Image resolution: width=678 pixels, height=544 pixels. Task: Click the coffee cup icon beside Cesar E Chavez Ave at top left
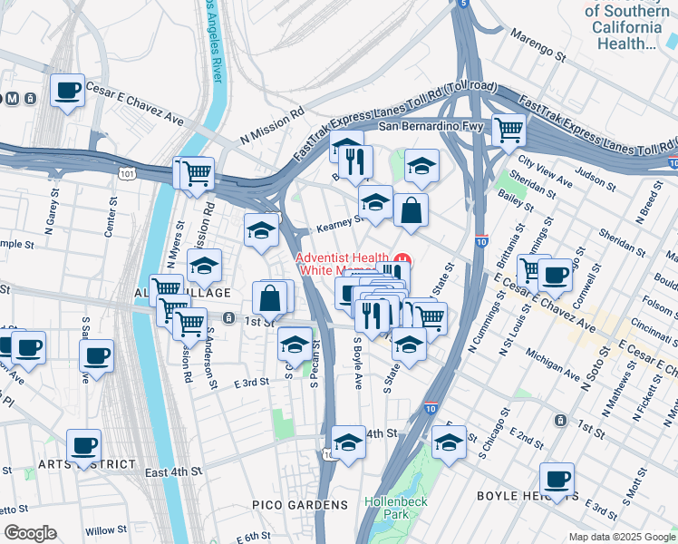[67, 91]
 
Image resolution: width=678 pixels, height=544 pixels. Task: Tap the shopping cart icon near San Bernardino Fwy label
[508, 130]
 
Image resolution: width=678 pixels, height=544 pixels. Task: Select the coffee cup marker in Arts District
[84, 444]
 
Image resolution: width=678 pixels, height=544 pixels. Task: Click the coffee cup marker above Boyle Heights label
[557, 478]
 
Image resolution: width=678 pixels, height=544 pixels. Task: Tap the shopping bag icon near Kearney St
[411, 210]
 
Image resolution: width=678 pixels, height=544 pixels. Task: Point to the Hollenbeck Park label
[388, 507]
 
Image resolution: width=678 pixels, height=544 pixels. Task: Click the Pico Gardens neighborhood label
[300, 504]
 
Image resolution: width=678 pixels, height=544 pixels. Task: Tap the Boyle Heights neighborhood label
[528, 496]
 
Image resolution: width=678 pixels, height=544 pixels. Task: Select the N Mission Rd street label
[272, 127]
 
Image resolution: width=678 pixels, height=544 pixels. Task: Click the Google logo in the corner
[30, 533]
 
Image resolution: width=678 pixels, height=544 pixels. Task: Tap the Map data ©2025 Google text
[622, 537]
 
